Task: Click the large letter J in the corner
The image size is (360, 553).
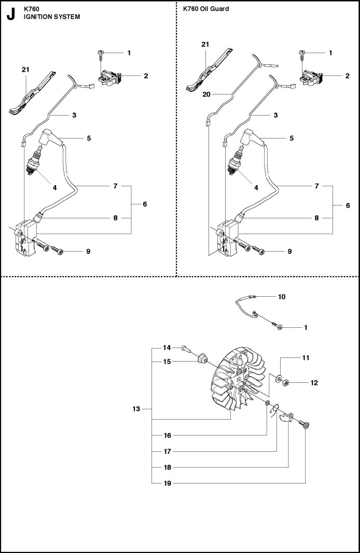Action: click(x=10, y=14)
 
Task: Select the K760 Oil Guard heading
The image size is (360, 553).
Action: click(x=205, y=9)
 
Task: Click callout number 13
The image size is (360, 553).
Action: click(x=136, y=409)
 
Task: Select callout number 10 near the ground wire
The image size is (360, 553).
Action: click(x=282, y=297)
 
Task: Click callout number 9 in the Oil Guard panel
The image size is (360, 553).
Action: click(x=289, y=252)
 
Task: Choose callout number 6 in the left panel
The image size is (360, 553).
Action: click(x=145, y=204)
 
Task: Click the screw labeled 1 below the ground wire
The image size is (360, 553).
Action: click(x=278, y=326)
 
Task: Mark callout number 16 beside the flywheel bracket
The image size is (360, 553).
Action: click(x=167, y=435)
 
